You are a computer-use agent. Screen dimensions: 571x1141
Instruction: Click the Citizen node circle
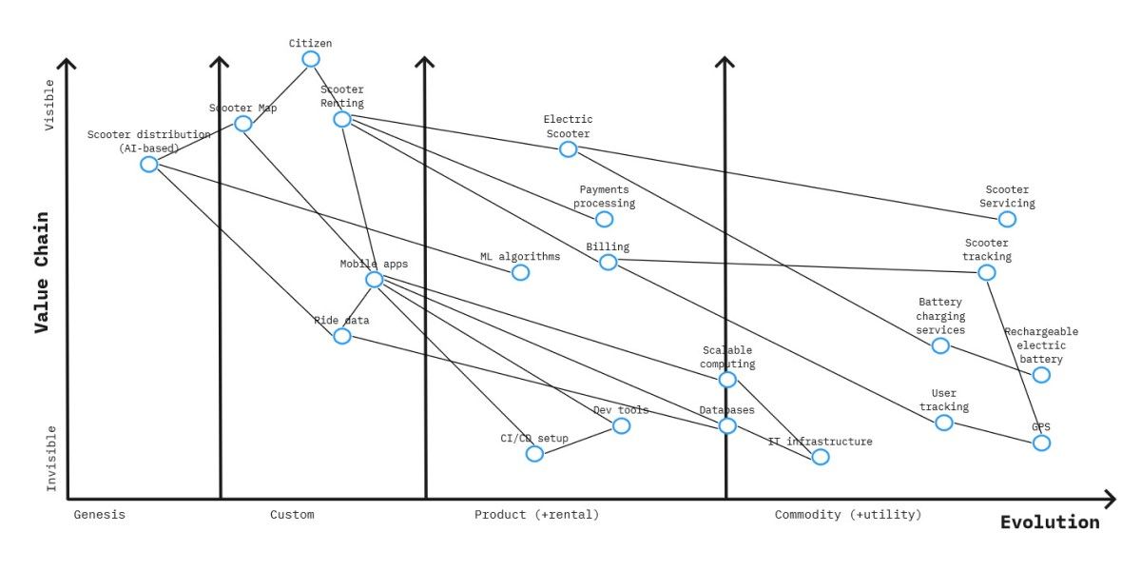pos(311,59)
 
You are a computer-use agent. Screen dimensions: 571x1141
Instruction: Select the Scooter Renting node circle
pos(342,119)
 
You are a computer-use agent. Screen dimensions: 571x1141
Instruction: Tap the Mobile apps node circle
pos(375,279)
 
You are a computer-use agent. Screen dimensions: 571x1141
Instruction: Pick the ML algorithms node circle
pos(520,272)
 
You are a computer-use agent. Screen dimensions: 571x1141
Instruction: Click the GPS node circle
pos(1041,443)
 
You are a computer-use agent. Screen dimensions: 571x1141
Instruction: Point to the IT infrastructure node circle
pos(821,457)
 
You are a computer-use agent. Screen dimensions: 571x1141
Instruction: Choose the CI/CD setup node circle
pos(535,453)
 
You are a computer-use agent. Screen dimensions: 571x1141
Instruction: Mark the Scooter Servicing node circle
pos(1007,219)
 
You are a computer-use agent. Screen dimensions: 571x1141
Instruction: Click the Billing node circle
pos(609,262)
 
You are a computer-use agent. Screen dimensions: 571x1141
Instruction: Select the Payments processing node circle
pos(604,219)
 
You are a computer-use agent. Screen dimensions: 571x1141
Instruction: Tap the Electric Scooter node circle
pos(569,148)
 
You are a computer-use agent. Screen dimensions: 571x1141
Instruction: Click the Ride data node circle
pos(342,335)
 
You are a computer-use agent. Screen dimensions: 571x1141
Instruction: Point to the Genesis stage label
pos(100,515)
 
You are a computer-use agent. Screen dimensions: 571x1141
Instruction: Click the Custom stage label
pos(292,515)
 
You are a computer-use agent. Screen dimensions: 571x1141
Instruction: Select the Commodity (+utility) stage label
pos(848,515)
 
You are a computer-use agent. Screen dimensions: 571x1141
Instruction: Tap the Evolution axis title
pos(1050,522)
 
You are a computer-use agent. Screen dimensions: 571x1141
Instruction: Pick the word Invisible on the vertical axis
pos(51,459)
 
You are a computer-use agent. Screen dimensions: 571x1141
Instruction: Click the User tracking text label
pos(944,400)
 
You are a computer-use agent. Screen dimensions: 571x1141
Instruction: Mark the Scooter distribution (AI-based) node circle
pos(149,164)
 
